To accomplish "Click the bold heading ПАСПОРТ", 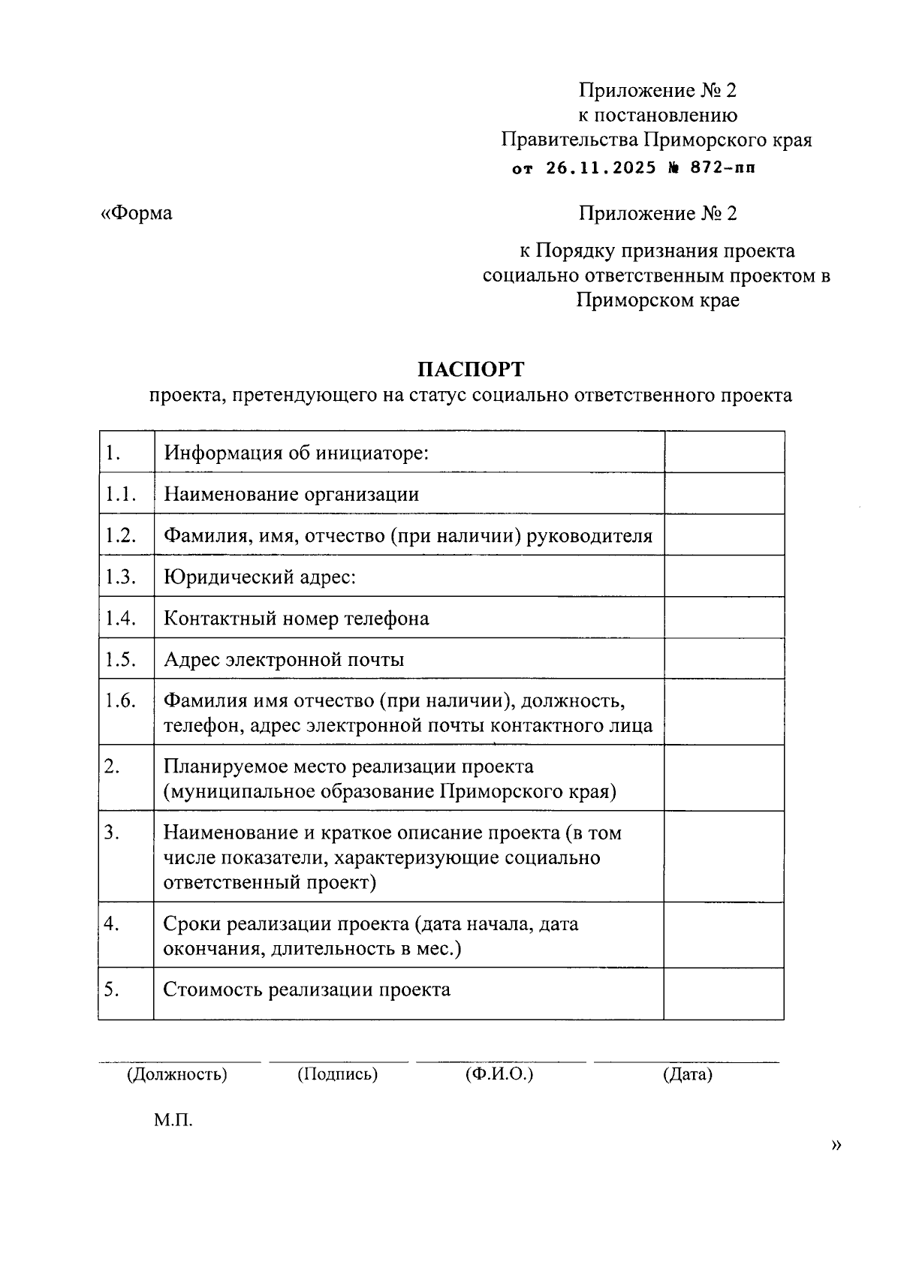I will (471, 369).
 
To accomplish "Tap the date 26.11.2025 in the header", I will (601, 168).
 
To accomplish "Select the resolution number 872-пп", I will (723, 168).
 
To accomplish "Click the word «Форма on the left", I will (137, 213).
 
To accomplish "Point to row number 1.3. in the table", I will (120, 577).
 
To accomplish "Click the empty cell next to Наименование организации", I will (724, 493).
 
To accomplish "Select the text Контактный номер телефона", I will (297, 618).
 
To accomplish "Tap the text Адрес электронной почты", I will (284, 659).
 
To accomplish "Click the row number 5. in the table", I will (112, 989).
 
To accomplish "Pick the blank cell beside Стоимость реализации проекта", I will (724, 993).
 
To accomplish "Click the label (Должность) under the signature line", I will (176, 1074).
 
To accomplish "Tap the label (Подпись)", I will (338, 1074).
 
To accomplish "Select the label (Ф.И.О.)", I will (499, 1074).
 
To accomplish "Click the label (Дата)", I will (687, 1074).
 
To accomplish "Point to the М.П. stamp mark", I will (173, 1121).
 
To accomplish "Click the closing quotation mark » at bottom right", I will (836, 1145).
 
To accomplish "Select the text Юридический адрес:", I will (260, 577).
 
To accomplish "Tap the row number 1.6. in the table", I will (120, 700).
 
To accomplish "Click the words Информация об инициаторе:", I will (297, 453).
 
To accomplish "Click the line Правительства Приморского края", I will (657, 140).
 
